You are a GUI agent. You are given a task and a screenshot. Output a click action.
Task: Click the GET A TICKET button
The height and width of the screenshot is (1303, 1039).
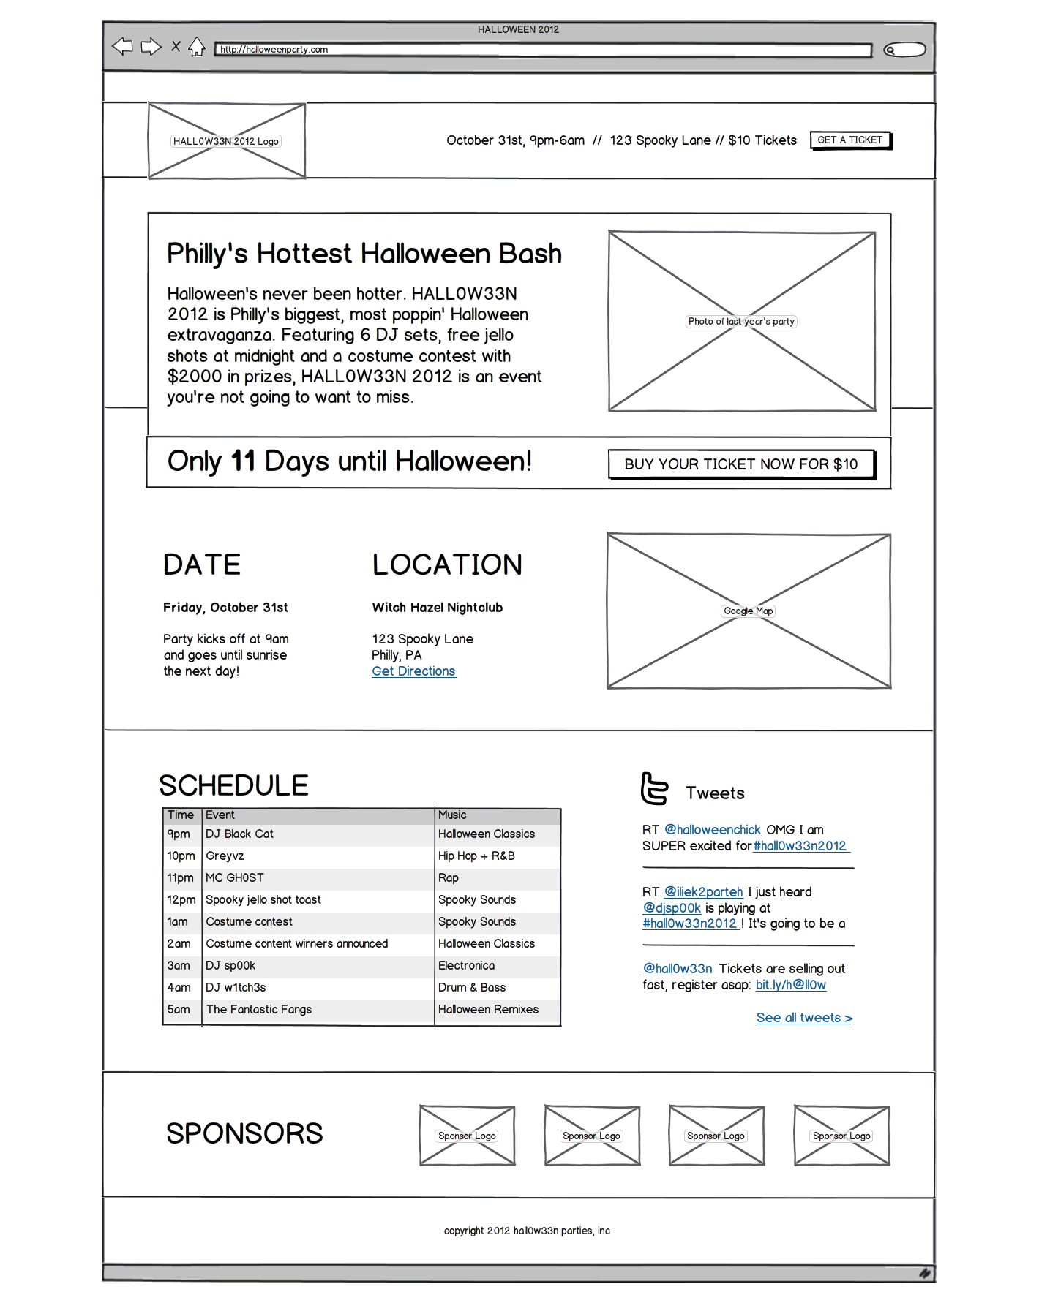click(850, 140)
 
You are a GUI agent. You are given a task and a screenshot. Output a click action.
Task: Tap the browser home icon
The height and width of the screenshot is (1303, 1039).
click(196, 48)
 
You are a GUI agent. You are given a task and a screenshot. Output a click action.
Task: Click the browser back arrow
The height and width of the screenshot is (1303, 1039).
click(122, 47)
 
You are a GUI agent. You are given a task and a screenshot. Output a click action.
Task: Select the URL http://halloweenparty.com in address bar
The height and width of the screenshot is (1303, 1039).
click(274, 50)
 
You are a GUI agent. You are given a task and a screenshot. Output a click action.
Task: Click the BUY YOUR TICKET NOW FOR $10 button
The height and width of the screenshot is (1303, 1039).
click(741, 464)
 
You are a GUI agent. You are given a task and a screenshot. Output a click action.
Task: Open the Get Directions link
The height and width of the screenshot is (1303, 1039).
click(413, 671)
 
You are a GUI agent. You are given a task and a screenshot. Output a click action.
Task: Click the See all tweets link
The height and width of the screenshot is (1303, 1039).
click(804, 1018)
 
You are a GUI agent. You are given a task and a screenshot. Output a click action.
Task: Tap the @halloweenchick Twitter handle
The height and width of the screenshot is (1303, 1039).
click(712, 830)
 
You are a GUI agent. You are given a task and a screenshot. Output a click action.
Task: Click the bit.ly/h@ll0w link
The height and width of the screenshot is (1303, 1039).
click(790, 985)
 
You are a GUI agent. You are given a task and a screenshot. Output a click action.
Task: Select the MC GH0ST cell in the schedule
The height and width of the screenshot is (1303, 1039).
click(235, 878)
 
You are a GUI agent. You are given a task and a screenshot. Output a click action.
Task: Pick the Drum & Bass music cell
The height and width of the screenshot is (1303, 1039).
click(472, 988)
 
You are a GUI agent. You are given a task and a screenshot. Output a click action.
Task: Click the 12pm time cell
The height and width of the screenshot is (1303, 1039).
click(181, 900)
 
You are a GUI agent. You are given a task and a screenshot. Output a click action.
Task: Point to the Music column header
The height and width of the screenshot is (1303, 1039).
click(452, 815)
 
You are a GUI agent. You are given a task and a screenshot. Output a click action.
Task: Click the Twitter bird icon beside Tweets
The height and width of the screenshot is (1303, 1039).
click(654, 789)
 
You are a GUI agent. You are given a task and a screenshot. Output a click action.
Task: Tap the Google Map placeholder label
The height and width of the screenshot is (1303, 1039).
click(748, 611)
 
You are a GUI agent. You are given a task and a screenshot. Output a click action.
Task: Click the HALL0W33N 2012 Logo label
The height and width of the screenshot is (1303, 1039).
click(226, 142)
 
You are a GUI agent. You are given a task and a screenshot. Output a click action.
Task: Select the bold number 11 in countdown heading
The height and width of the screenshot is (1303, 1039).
click(243, 462)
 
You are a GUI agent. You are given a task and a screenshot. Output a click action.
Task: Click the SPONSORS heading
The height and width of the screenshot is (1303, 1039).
click(244, 1134)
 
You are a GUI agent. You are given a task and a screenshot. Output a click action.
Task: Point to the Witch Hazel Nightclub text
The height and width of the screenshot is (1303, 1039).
click(437, 608)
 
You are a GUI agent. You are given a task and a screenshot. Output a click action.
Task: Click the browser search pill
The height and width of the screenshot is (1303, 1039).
click(904, 50)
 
